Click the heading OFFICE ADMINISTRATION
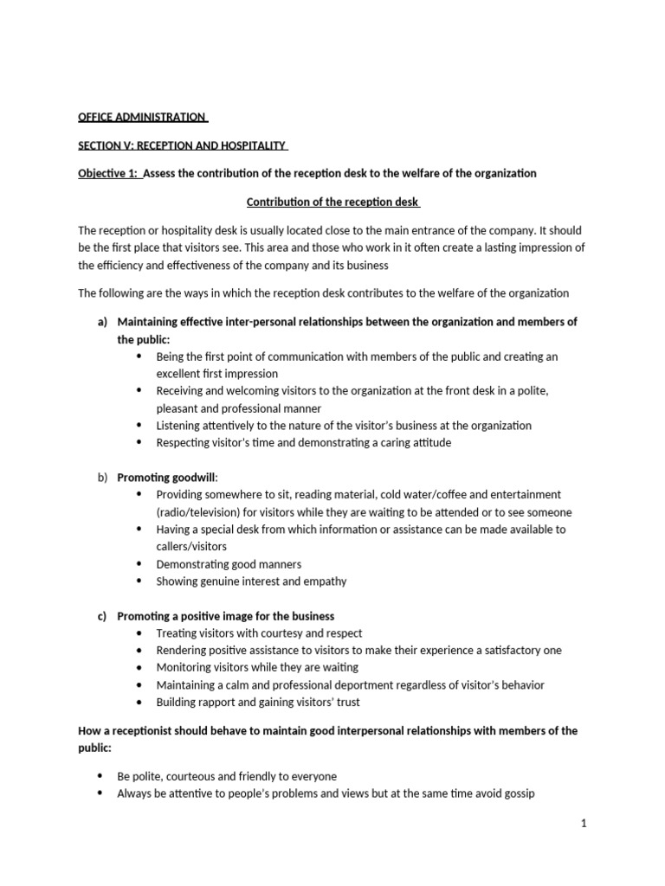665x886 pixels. pos(142,117)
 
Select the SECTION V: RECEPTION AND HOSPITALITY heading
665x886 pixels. pos(182,145)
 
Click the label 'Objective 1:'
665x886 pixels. pos(107,173)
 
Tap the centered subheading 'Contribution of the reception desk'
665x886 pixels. pos(333,202)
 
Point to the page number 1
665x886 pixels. pos(584,824)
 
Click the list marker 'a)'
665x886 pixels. pos(102,322)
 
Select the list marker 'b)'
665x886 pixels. pos(102,477)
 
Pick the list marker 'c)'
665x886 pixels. pos(102,616)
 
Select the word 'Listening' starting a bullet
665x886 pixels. pos(179,426)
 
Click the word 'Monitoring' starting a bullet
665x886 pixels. pos(184,668)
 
